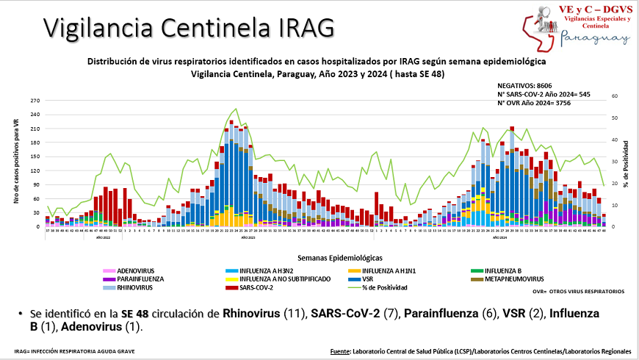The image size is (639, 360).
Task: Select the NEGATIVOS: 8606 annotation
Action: [524, 86]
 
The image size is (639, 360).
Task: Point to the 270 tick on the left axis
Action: [34, 101]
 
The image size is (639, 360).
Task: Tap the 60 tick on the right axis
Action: [615, 96]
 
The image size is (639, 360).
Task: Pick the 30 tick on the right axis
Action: [615, 162]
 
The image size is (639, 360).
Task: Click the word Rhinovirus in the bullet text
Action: [252, 314]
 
